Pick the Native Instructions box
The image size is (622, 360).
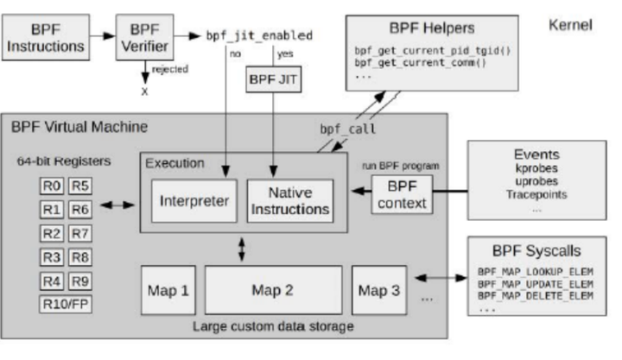click(x=289, y=201)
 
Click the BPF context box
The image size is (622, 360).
click(x=399, y=195)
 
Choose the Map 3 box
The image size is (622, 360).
click(x=378, y=289)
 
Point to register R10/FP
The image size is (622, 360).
click(x=64, y=304)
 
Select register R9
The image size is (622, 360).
click(x=78, y=281)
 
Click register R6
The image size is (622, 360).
click(x=78, y=208)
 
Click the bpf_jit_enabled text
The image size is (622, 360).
click(x=258, y=35)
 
